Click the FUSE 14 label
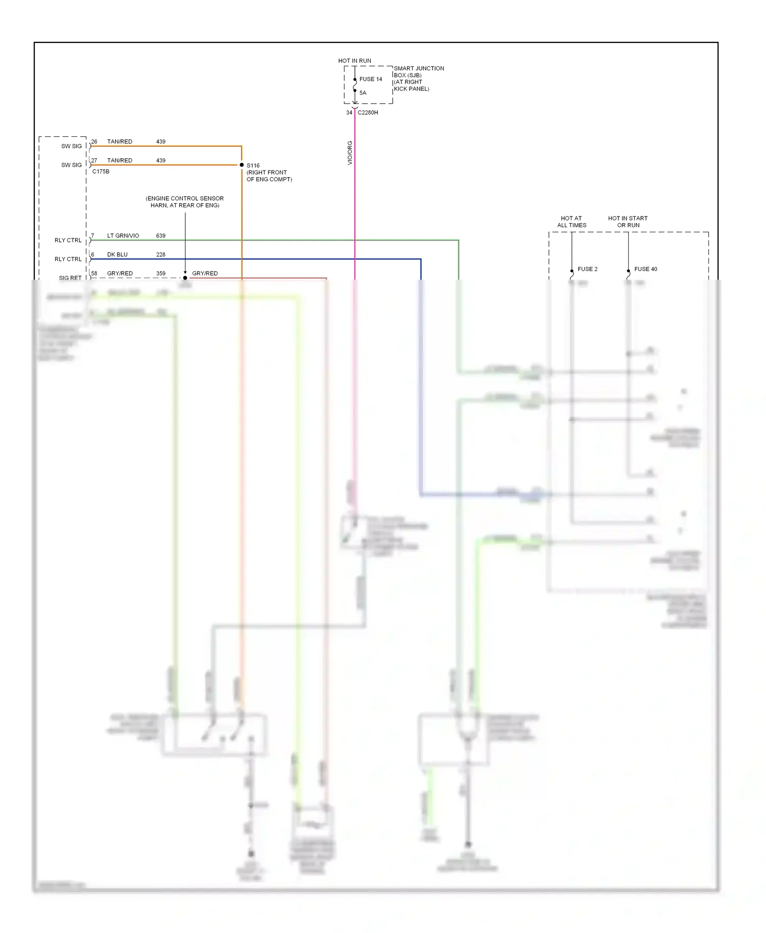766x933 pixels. coord(370,79)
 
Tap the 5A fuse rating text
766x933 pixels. coord(363,93)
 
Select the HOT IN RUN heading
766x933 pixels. coord(354,61)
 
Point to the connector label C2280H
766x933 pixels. coord(368,112)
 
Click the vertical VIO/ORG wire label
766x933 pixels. coord(350,153)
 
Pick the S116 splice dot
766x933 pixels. coord(242,165)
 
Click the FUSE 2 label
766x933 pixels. coord(587,269)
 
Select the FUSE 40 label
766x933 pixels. coord(645,269)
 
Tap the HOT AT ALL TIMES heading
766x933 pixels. coord(571,222)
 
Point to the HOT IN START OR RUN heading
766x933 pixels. coord(628,222)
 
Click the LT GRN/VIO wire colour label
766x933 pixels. coord(123,236)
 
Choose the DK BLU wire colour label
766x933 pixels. coord(117,255)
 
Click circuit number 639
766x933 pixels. coord(160,236)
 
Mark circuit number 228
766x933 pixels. coord(160,255)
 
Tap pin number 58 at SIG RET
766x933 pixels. coord(94,274)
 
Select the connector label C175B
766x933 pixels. coord(101,171)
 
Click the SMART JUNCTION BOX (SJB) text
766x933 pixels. coord(418,71)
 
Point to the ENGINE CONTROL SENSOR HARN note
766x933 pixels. coord(184,202)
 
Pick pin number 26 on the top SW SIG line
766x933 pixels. coord(94,141)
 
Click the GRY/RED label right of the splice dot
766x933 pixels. coord(205,274)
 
